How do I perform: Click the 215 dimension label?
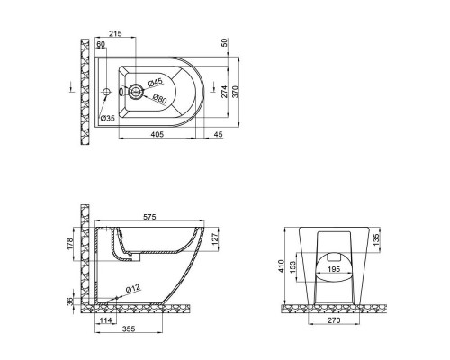pos(115,33)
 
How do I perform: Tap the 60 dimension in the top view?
pos(101,44)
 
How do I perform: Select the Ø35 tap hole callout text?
pos(107,118)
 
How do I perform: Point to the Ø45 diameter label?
pos(155,82)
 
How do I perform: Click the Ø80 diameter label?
pos(159,99)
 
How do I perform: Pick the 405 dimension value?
pos(157,134)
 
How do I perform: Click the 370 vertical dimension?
pos(235,92)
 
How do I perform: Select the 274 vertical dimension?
pos(224,92)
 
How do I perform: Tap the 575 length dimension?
pos(149,217)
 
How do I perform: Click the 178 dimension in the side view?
pos(70,244)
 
